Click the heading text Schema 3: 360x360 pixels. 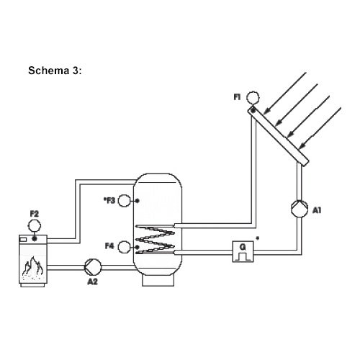pos(55,71)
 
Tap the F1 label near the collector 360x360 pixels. pos(237,97)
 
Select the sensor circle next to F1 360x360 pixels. pos(253,98)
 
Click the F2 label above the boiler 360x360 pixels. pos(35,213)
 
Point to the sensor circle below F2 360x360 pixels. pos(35,225)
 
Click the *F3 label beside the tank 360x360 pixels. pos(109,200)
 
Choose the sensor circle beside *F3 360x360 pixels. pos(124,201)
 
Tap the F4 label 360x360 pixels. pos(109,246)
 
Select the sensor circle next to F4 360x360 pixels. pos(124,247)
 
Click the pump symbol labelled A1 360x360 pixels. pos(300,209)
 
